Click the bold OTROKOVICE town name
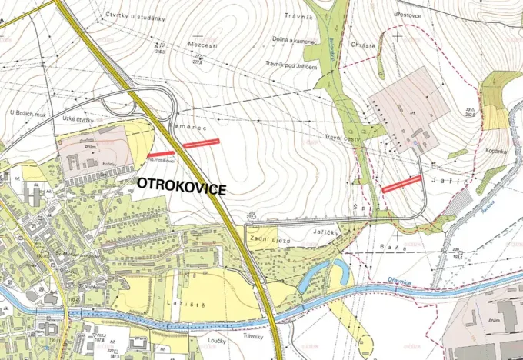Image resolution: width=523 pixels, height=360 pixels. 182,185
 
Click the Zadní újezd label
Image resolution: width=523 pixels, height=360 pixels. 270,241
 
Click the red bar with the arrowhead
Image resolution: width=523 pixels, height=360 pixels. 161,155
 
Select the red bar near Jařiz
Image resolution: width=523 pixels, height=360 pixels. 401,183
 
